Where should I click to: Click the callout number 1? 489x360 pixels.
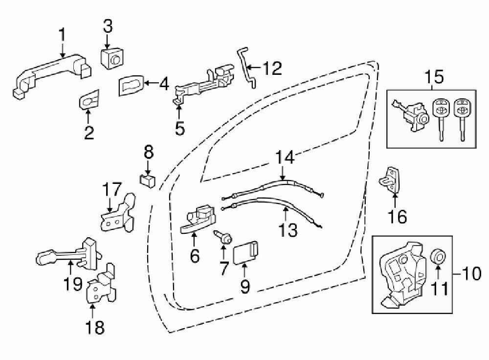[x=62, y=35]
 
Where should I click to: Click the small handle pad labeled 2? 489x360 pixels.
[x=89, y=100]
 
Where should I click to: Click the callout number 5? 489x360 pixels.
[x=180, y=128]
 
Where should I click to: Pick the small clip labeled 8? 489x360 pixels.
[x=147, y=180]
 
